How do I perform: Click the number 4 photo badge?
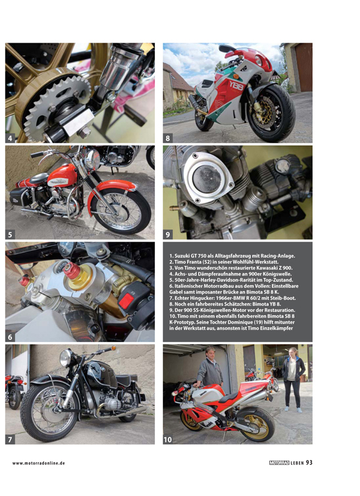coord(10,138)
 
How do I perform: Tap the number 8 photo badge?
coord(168,138)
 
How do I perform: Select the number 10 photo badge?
coord(168,439)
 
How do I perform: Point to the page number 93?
coord(309,463)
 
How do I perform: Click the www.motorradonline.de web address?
coord(39,463)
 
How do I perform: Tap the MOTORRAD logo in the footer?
coord(279,463)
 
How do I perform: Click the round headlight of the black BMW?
coord(65,358)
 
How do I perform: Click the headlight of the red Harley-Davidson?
coord(93,159)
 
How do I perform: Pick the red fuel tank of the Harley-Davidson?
coord(62,175)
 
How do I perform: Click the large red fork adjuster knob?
coord(72,271)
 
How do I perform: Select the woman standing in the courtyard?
coord(293,379)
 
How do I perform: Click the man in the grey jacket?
coord(209,368)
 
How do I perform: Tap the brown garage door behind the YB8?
coord(303,67)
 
